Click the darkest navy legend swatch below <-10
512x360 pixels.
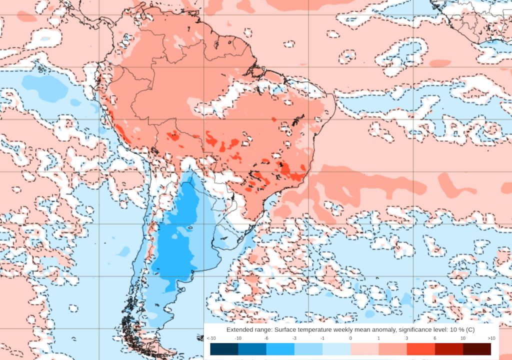(224, 349)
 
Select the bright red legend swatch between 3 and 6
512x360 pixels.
(420, 349)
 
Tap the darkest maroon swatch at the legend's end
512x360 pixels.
(476, 349)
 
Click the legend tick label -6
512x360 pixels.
(266, 338)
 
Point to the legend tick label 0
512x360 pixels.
(350, 338)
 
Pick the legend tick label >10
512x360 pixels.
(491, 338)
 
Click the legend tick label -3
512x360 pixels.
(294, 338)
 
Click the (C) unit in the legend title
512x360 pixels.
(469, 330)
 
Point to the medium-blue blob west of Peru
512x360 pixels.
(45, 87)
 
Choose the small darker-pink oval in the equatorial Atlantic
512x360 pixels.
(440, 63)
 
